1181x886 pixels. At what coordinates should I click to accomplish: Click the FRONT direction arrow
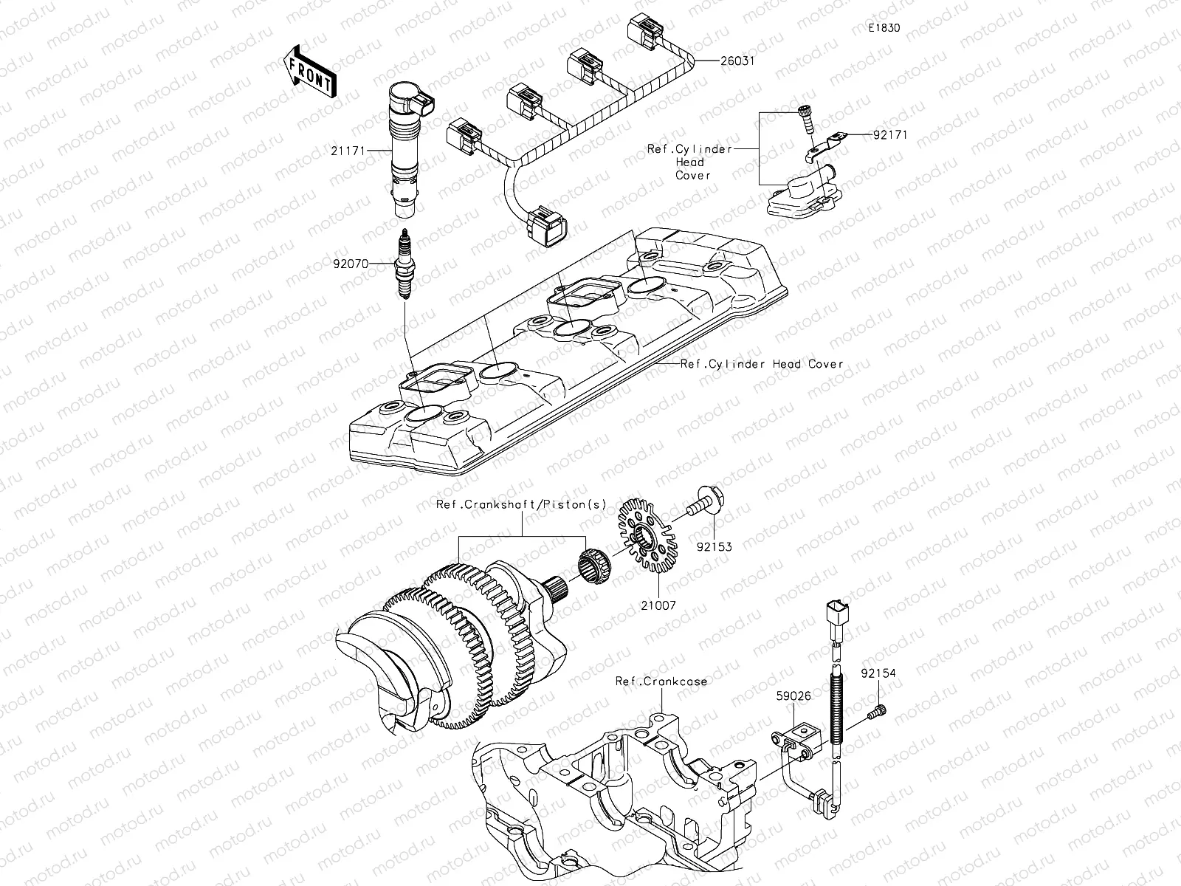pos(309,71)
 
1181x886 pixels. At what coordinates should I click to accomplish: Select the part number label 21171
pos(346,150)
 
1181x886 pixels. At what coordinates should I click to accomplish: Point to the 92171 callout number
pos(890,135)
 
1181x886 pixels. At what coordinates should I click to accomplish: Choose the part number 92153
pos(714,547)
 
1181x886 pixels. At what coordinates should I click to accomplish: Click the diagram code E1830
pos(884,28)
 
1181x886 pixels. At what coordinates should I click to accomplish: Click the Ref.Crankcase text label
pos(661,681)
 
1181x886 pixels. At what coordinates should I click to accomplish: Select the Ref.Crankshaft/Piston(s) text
pos(521,505)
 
